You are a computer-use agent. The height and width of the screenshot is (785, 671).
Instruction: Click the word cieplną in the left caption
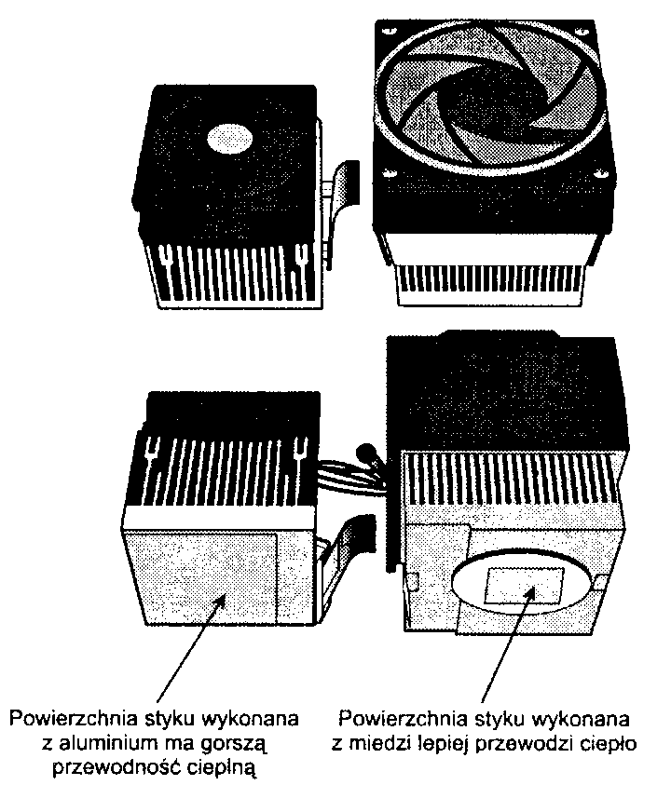[x=215, y=768]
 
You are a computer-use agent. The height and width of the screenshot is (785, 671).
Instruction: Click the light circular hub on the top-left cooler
[x=229, y=137]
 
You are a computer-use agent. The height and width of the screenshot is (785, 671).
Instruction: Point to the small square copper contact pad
[x=524, y=585]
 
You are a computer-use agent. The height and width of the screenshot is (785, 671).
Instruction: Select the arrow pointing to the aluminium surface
[x=191, y=649]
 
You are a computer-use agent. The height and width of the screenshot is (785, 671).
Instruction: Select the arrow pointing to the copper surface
[x=508, y=644]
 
